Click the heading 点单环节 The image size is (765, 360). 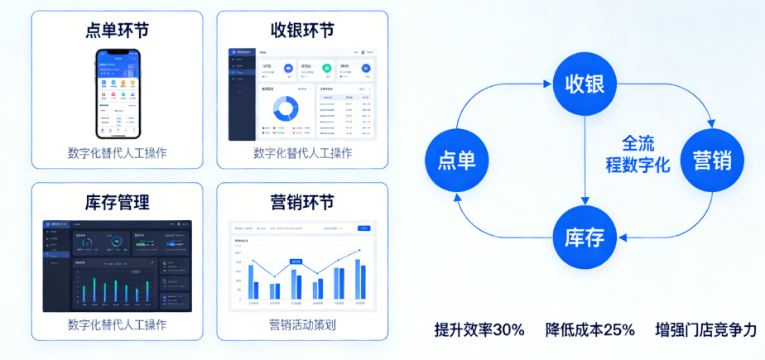click(117, 31)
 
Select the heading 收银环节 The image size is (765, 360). click(302, 31)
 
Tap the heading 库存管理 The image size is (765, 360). click(117, 202)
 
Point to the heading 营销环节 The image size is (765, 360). click(302, 202)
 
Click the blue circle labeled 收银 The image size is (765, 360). click(585, 84)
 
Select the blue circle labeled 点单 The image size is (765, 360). click(456, 159)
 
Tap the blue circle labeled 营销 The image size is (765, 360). click(712, 159)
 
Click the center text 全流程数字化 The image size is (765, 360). click(637, 153)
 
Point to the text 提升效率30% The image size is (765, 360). click(479, 329)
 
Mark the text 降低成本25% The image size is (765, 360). click(590, 329)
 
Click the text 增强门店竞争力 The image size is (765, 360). click(705, 329)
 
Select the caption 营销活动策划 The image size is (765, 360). click(302, 324)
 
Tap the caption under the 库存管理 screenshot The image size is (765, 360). click(117, 324)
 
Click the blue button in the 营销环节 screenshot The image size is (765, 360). click(363, 228)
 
